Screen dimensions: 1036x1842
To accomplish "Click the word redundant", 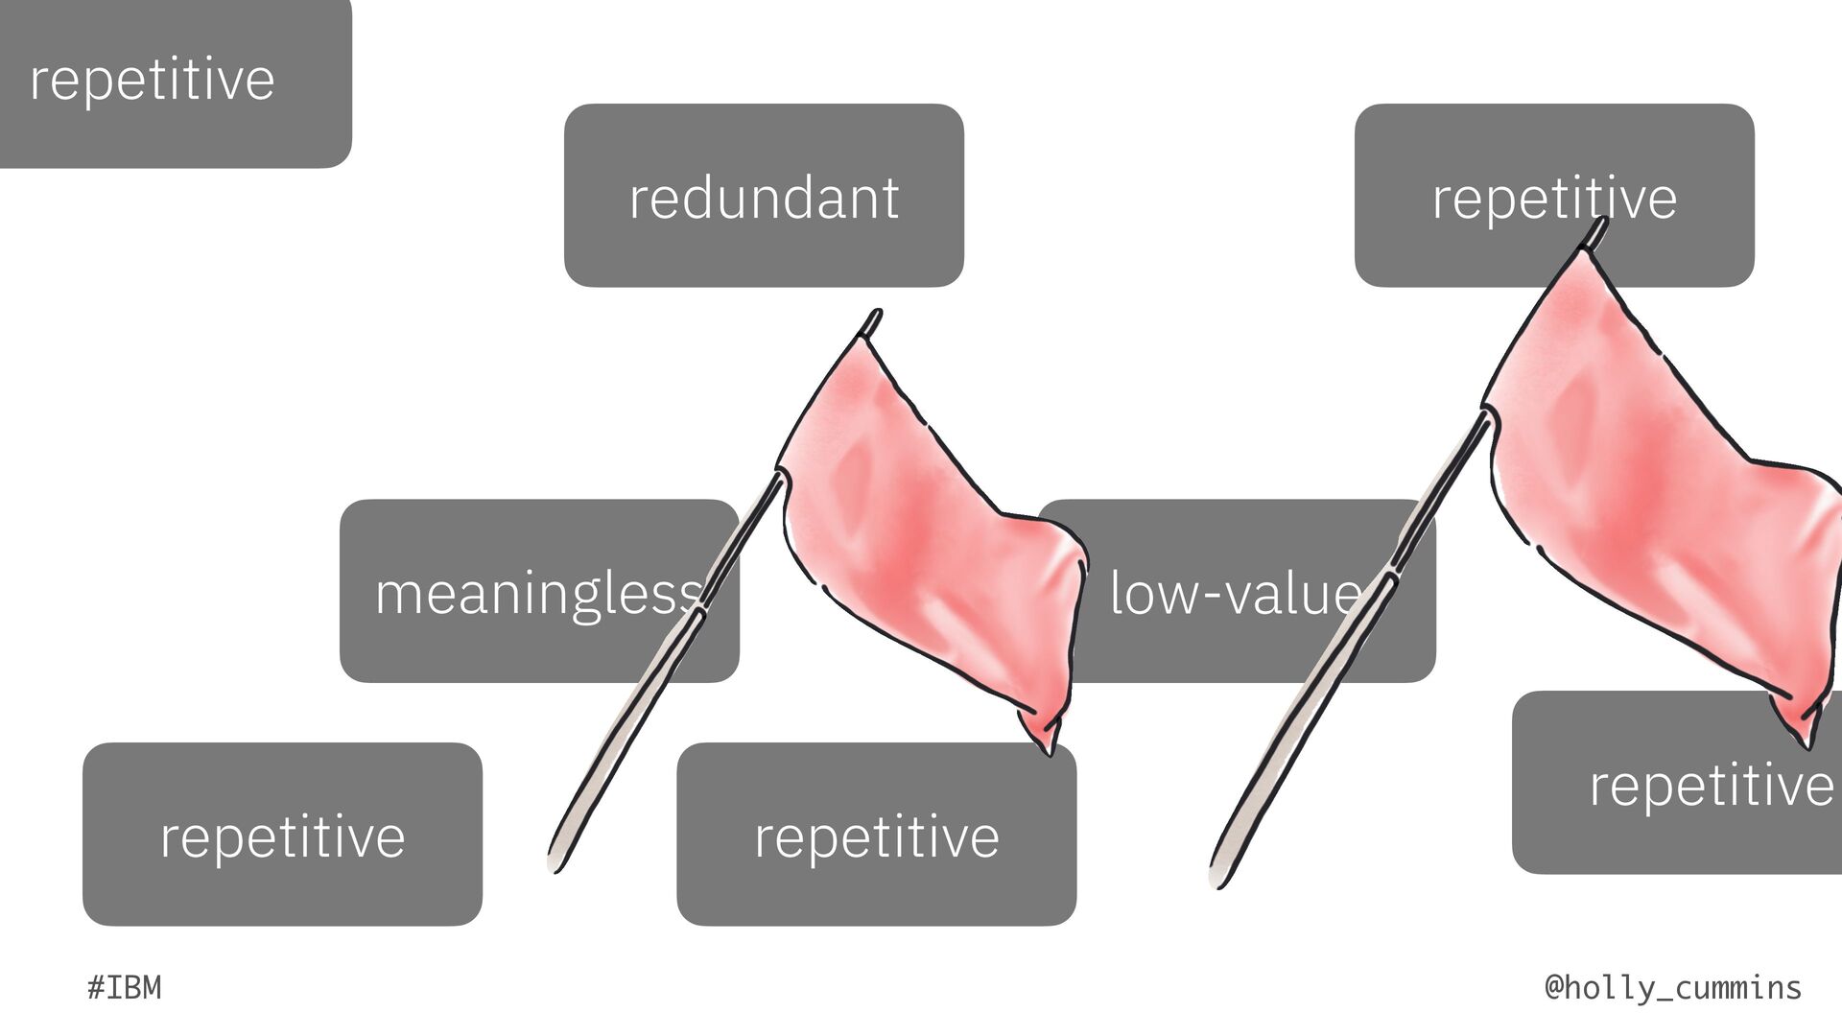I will [764, 198].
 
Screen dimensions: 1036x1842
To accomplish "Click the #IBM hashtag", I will [125, 987].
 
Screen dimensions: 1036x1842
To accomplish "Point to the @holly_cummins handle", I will [1673, 987].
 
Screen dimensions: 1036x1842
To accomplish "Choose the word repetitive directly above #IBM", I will [282, 836].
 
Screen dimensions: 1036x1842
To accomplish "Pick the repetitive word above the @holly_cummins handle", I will [1712, 786].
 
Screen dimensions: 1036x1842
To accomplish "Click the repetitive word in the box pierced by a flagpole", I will [1554, 198].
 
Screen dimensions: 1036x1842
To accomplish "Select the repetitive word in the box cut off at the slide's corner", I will [152, 79].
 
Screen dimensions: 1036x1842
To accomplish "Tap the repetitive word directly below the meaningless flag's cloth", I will [877, 836].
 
